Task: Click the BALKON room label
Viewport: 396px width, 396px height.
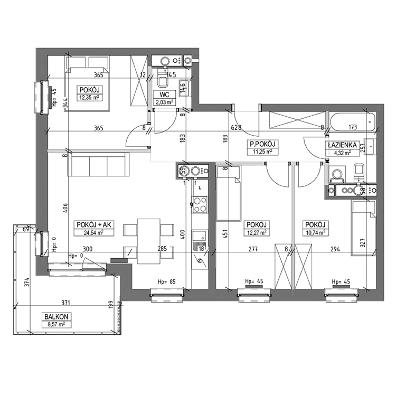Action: point(56,316)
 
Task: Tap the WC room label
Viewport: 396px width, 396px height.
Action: point(164,95)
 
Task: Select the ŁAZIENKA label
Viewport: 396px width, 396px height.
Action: point(342,145)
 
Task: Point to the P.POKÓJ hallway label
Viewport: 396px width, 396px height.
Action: point(262,144)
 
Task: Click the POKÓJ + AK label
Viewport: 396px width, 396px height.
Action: point(93,224)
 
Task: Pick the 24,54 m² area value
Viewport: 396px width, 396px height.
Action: point(93,232)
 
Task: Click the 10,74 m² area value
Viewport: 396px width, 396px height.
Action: point(315,232)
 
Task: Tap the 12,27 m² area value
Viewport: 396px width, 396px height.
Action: point(257,232)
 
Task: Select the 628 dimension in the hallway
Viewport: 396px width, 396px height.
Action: point(236,128)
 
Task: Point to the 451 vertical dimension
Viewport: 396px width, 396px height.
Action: point(225,234)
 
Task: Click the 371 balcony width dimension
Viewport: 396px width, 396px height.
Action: point(65,303)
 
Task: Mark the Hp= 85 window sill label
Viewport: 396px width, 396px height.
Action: point(166,281)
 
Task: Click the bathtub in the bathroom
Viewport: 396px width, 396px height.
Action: point(352,122)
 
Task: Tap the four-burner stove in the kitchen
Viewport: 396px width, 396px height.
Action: point(200,204)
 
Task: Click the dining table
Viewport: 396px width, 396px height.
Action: point(149,241)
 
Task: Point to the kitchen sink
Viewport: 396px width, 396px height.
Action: point(200,236)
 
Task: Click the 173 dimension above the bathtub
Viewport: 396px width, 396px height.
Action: point(353,127)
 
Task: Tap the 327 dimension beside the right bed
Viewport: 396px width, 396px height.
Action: point(363,243)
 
